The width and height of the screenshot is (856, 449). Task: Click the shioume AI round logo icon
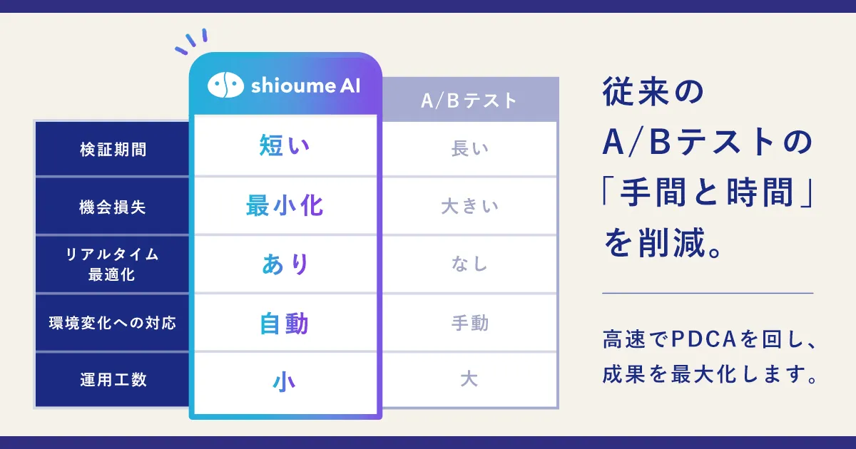(x=225, y=85)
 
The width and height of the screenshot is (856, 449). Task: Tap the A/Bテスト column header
(x=469, y=100)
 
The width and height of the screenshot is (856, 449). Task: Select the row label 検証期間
(x=113, y=149)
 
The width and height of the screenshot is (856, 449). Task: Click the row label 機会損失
(x=113, y=207)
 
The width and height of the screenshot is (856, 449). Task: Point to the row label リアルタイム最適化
(x=112, y=264)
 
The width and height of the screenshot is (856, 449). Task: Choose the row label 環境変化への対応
(x=113, y=323)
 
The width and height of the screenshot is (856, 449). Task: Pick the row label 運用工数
(x=113, y=380)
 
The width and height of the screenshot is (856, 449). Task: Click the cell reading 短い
(x=285, y=145)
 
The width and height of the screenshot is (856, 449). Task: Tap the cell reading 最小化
(x=285, y=206)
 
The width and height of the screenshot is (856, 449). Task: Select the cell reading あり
(x=285, y=264)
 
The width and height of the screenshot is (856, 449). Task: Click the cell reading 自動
(x=285, y=324)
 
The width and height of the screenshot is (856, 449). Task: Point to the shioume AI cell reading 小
(x=285, y=382)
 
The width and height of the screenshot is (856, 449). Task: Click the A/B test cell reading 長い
(x=469, y=148)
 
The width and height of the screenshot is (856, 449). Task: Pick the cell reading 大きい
(x=469, y=207)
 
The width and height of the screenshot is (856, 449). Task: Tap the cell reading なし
(x=469, y=264)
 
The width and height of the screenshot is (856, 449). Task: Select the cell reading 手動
(x=470, y=323)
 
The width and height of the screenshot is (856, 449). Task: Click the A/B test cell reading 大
(x=469, y=379)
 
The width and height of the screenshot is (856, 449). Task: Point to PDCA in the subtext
(x=703, y=339)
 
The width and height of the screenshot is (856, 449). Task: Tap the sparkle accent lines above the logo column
(x=191, y=41)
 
